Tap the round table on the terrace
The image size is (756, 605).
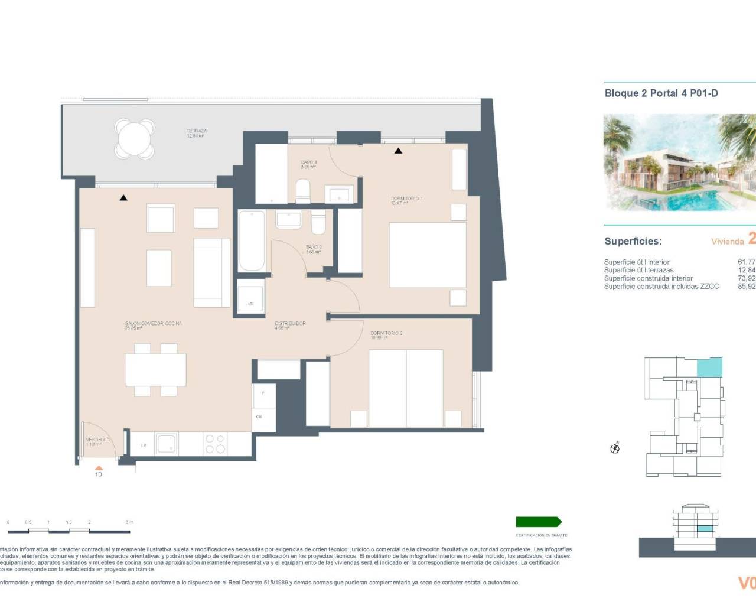click(135, 139)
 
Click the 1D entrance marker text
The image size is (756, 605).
click(99, 474)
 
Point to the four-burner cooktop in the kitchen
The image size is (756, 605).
click(214, 444)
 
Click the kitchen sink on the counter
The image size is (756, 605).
click(166, 444)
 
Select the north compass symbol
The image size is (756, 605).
click(615, 448)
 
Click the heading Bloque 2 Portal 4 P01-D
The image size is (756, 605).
click(661, 93)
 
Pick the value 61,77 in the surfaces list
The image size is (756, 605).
click(746, 262)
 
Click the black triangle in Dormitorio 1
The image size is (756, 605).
click(399, 151)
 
